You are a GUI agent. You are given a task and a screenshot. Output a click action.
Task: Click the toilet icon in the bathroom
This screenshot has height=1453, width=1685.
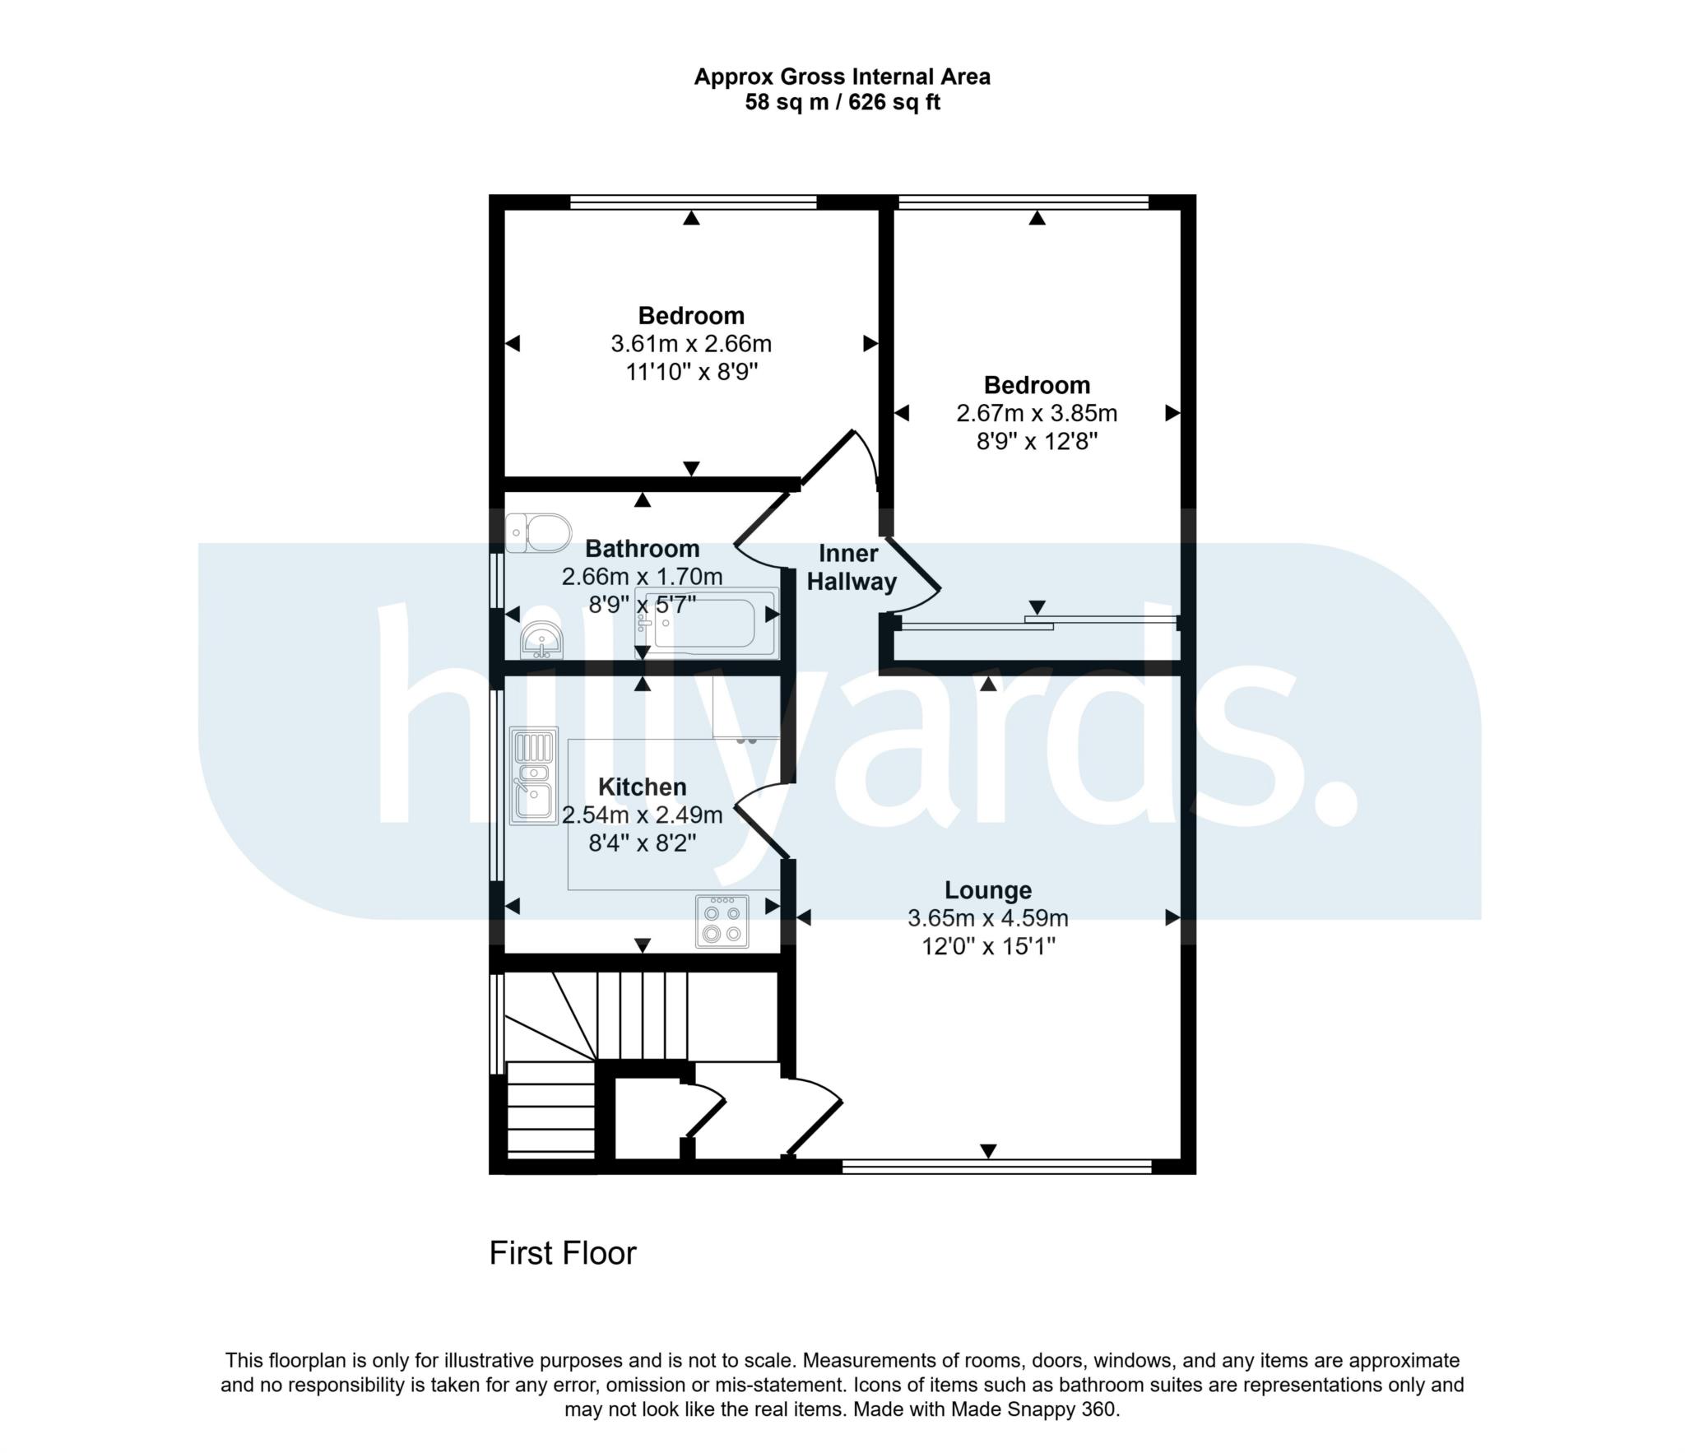tap(539, 533)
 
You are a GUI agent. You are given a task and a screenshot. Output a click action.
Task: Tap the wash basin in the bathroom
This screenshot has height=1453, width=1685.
tap(541, 640)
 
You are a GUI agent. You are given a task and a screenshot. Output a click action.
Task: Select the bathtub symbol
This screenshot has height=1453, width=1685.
tap(707, 623)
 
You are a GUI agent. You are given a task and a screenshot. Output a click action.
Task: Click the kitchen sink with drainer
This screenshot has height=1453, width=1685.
tap(534, 775)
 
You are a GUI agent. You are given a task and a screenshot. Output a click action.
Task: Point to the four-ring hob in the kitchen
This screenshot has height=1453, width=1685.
tap(722, 921)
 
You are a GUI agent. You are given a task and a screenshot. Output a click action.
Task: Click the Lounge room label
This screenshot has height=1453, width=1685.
tap(987, 889)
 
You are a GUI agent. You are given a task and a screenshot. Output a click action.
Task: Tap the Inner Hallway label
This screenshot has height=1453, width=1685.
tap(851, 568)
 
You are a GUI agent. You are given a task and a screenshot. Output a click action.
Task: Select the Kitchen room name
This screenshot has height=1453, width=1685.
tap(642, 787)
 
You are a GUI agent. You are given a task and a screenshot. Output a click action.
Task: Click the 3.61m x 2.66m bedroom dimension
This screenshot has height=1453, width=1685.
tap(691, 343)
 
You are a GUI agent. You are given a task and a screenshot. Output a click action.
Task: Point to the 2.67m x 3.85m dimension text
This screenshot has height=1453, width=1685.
tap(1037, 413)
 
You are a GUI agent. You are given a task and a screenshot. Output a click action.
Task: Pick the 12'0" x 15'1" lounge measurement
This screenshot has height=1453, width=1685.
tap(987, 946)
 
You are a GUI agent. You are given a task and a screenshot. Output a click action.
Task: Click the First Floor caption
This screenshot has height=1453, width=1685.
tap(563, 1253)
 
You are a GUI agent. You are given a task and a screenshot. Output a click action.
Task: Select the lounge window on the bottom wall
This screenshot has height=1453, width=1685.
tap(996, 1164)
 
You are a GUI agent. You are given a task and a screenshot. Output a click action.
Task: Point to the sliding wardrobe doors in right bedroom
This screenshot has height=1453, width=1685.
tap(1037, 622)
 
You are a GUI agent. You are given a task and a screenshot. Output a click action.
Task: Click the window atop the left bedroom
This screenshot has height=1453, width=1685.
tap(693, 202)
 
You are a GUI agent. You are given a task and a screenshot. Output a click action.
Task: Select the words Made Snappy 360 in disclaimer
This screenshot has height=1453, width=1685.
tap(1034, 1409)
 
